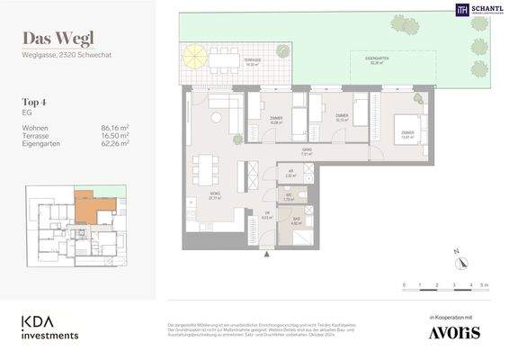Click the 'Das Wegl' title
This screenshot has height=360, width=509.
58,39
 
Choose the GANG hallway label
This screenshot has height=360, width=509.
307,152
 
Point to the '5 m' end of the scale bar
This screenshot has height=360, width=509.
484,284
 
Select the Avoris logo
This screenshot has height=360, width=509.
454,332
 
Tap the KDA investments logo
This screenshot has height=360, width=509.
50,326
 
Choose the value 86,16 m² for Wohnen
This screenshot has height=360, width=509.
115,129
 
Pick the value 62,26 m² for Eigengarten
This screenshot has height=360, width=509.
115,143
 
